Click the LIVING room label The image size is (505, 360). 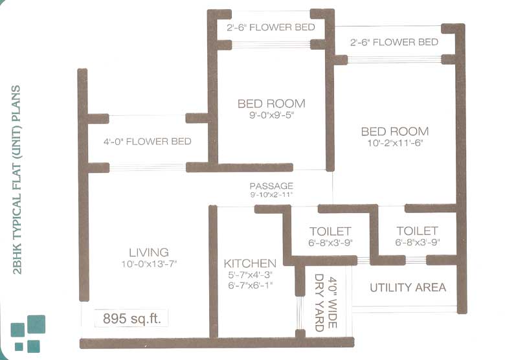[149, 252]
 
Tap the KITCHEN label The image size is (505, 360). [250, 264]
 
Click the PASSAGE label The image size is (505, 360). [271, 186]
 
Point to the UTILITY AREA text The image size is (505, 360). [408, 287]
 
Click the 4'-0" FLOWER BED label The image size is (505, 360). [147, 142]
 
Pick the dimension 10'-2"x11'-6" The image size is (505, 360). [395, 144]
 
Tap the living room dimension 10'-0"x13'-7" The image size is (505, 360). [149, 264]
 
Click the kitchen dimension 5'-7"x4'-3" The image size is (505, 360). [250, 275]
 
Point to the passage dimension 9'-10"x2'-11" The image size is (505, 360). [271, 194]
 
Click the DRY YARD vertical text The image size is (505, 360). [319, 303]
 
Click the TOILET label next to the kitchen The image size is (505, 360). [330, 231]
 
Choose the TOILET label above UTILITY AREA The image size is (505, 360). [417, 231]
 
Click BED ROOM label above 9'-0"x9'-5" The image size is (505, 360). [271, 104]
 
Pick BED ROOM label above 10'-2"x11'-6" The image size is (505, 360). [395, 131]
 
